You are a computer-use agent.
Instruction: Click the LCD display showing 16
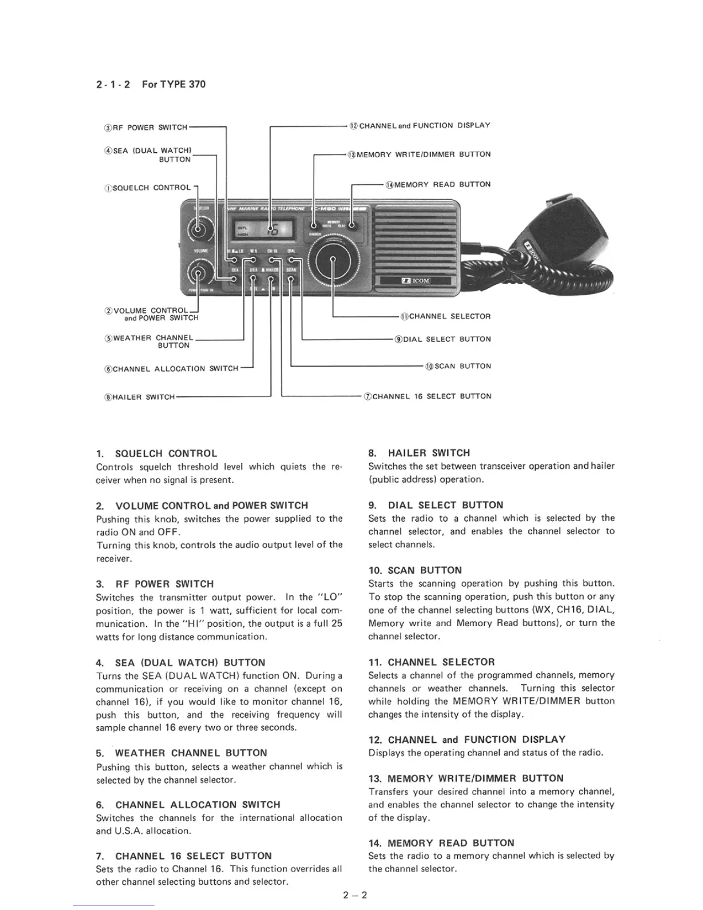pos(265,231)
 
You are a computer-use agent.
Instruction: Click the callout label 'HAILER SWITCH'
pos(139,397)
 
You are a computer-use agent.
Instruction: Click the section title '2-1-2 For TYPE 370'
pos(150,84)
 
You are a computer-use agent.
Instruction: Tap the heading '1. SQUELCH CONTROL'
pos(157,453)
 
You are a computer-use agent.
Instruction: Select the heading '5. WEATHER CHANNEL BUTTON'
pos(181,753)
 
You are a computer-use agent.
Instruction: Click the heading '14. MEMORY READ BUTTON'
pos(441,843)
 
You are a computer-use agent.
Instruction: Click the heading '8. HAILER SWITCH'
pos(419,453)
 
